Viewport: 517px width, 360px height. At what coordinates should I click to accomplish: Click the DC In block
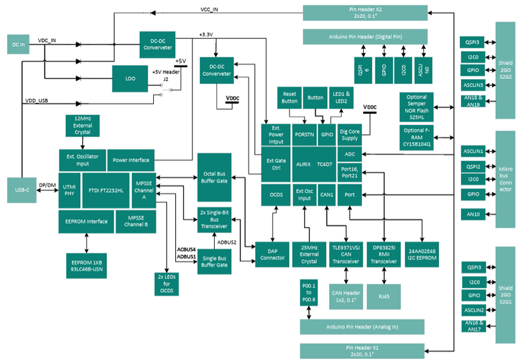18,44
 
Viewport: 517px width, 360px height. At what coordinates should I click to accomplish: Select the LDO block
130,79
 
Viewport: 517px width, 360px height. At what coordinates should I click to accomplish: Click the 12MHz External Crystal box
83,125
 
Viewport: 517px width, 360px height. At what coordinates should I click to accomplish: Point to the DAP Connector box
272,252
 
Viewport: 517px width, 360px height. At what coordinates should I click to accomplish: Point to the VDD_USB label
37,101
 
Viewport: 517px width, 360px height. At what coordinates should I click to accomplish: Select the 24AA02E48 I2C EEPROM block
422,252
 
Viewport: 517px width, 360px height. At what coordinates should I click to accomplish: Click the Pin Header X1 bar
363,351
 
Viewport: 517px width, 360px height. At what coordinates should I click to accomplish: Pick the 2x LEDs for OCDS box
165,284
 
